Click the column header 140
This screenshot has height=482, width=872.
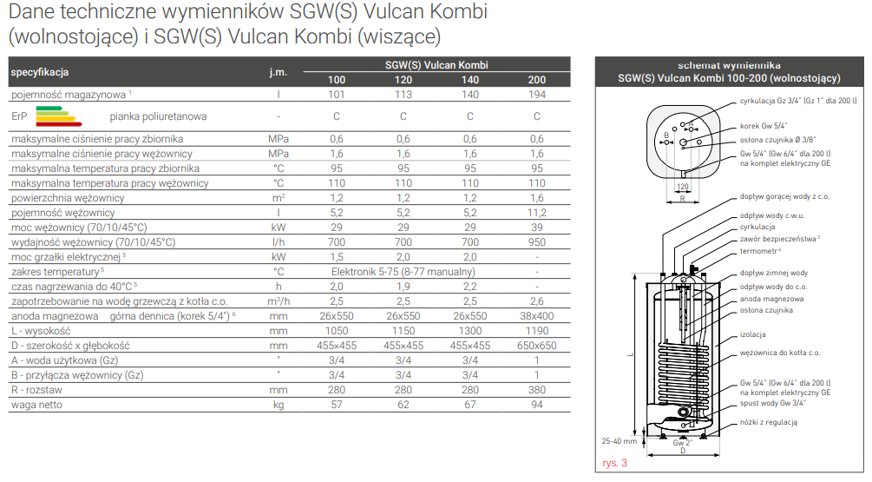pos(470,80)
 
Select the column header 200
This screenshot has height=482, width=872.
pos(537,80)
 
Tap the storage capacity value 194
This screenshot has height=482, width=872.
pos(537,95)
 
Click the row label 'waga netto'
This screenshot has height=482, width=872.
pos(36,405)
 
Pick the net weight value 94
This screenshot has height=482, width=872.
pos(537,405)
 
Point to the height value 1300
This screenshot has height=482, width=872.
pos(470,331)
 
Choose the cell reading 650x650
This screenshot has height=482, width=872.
pos(537,346)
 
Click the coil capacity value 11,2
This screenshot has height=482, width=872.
pos(537,213)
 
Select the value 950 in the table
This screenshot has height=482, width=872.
pos(537,242)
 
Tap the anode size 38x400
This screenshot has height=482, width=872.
pos(537,316)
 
